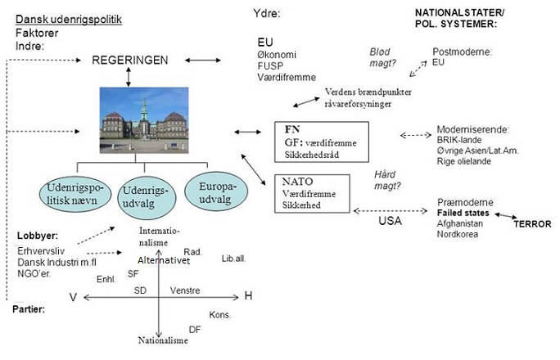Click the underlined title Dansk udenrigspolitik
click(69, 20)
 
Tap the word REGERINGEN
click(130, 60)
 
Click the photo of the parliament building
click(144, 120)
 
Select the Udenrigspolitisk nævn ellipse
click(75, 194)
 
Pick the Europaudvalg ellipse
click(216, 192)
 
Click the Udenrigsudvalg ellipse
click(147, 198)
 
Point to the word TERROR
click(532, 224)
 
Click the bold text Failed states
click(463, 213)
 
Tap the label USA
click(390, 221)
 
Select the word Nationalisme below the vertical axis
click(163, 340)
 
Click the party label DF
click(195, 330)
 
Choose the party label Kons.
click(220, 315)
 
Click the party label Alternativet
click(164, 260)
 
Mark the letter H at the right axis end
click(248, 296)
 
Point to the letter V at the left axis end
click(73, 297)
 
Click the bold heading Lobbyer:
click(38, 236)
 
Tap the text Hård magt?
click(387, 180)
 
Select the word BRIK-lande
click(459, 140)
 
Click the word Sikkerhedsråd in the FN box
click(312, 155)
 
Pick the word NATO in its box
click(297, 182)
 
